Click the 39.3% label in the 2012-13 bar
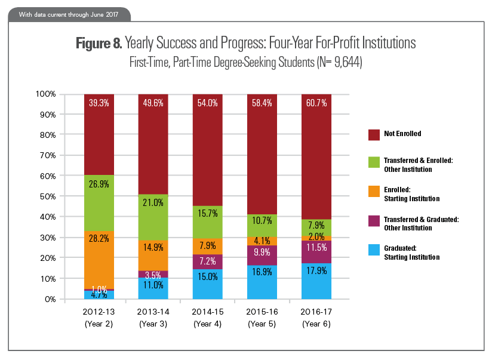[x=99, y=103]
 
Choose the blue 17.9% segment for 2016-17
[x=316, y=281]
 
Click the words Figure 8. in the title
[x=99, y=44]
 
